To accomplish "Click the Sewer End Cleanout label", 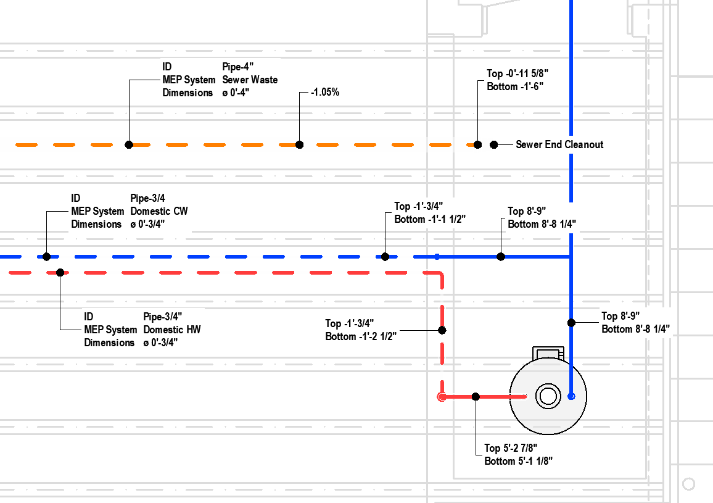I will click(559, 144).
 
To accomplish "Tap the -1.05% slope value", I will click(325, 93).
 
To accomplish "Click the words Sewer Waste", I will click(250, 80).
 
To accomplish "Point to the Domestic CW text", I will click(159, 211).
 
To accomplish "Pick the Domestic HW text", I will click(172, 330).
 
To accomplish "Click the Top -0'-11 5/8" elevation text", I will click(517, 73).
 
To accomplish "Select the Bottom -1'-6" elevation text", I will click(515, 86).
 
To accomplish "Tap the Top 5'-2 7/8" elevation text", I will click(515, 448).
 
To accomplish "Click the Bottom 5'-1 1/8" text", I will click(522, 461).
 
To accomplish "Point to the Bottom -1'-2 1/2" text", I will click(361, 336).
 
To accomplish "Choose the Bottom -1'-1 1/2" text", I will click(430, 219).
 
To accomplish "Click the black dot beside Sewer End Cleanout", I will click(493, 144).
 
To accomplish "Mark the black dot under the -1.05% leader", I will click(299, 144).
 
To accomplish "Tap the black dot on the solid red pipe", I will click(476, 396).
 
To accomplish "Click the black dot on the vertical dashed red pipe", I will click(442, 330).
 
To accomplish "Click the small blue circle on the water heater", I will click(571, 396).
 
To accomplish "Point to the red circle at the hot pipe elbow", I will click(442, 397).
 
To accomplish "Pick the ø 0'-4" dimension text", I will click(236, 93).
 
